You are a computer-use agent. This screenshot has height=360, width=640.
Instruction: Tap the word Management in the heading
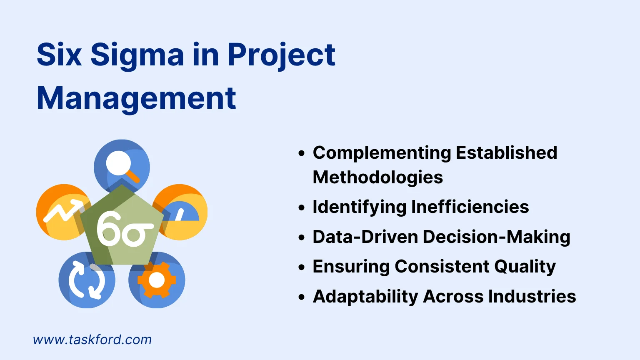[136, 99]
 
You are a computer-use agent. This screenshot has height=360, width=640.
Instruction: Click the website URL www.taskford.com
[92, 340]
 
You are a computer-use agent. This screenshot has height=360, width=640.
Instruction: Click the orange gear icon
[157, 280]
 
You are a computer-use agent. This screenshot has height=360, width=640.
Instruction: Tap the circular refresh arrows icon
[87, 280]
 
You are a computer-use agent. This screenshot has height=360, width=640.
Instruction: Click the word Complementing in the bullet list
[382, 153]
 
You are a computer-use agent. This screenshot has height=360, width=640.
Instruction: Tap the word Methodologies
[377, 177]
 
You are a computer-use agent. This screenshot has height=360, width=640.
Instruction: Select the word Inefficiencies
[470, 207]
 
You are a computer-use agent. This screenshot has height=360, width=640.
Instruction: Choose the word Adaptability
[365, 297]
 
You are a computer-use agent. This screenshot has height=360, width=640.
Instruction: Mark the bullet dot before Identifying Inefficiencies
[302, 207]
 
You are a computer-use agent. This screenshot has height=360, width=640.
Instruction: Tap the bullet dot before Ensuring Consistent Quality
[302, 267]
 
